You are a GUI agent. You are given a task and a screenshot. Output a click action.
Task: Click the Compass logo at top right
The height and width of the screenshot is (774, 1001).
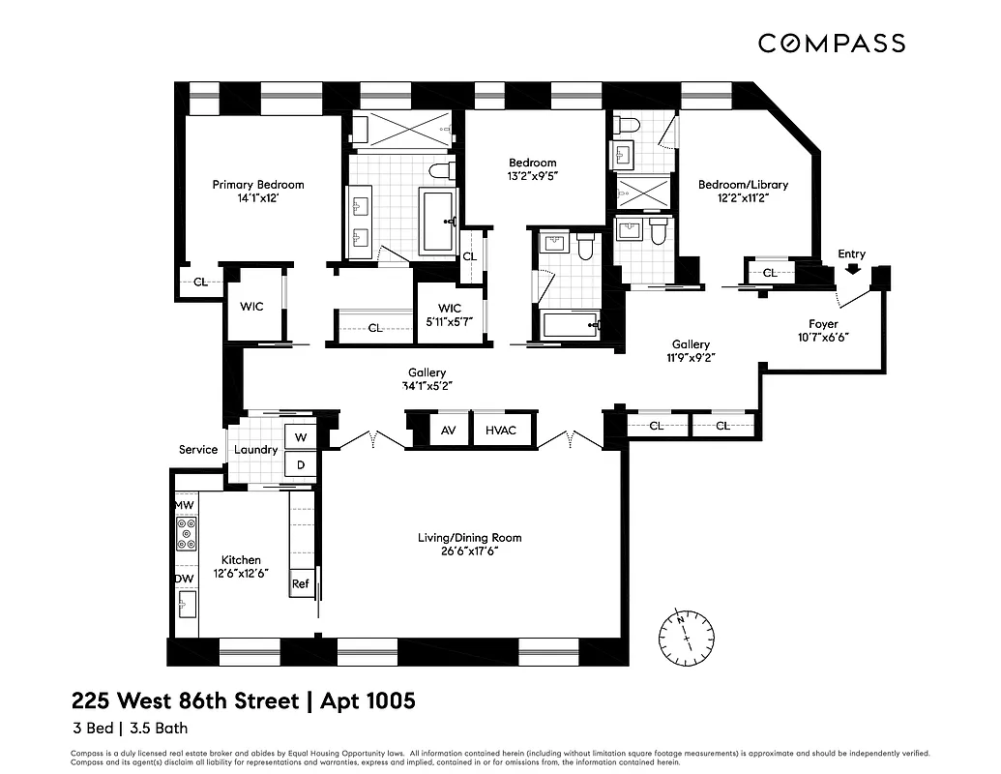point(831,43)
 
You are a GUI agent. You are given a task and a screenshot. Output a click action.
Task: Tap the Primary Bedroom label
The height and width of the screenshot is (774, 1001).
point(258,185)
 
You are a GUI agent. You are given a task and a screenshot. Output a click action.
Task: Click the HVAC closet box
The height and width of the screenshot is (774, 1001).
point(502,430)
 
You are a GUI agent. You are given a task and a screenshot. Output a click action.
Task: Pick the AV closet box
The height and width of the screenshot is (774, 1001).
point(448,430)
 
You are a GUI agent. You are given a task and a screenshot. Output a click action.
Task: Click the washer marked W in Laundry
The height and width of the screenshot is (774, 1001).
point(301,437)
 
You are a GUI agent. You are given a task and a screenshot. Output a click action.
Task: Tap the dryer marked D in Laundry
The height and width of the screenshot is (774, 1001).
point(301,463)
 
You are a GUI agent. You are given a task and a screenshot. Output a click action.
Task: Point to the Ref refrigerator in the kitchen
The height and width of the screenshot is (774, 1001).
point(301,583)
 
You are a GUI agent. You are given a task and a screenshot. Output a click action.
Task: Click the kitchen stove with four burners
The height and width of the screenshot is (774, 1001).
point(186,533)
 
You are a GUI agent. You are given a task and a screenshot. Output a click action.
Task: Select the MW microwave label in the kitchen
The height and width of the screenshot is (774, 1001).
point(184,506)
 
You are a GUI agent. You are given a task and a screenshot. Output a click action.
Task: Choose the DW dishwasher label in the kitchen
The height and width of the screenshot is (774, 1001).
point(184,579)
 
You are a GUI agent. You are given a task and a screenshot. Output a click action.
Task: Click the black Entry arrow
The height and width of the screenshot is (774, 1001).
point(852,270)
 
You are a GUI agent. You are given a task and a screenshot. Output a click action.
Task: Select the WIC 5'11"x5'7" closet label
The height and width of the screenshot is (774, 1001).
point(449,315)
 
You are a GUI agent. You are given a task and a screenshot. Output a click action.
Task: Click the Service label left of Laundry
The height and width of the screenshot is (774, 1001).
point(198,450)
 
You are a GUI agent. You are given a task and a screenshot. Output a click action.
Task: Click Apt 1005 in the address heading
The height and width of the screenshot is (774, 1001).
point(366,700)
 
